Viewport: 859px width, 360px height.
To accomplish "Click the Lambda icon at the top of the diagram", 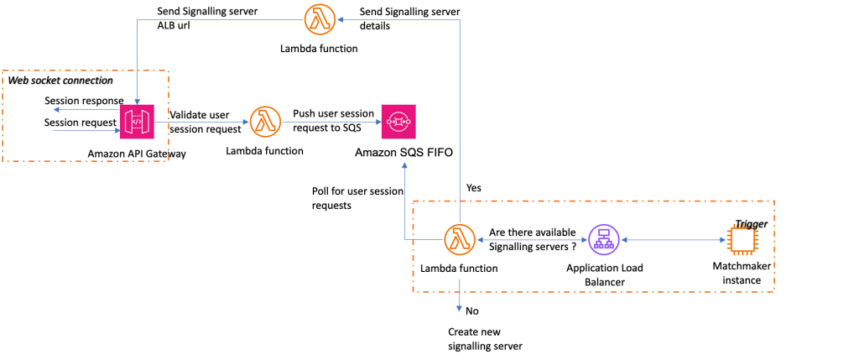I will pos(320,19).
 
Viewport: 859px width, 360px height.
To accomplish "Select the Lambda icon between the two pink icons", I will pos(265,122).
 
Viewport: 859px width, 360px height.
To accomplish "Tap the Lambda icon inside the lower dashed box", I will pos(459,240).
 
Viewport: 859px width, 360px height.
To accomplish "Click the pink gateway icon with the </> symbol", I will pos(137,122).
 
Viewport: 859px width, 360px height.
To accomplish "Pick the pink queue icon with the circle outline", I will pos(398,122).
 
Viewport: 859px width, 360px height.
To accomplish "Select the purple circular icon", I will pos(604,240).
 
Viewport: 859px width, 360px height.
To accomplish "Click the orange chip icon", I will pos(742,240).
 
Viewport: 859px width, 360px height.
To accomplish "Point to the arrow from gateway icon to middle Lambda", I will pos(201,122).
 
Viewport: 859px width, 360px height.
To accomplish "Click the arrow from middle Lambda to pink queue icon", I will pos(331,122).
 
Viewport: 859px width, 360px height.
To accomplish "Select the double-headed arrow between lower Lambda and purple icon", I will pos(532,240).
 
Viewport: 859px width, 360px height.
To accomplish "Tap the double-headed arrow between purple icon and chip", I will pos(673,240).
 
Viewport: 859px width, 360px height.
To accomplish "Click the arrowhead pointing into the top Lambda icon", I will pos(341,19).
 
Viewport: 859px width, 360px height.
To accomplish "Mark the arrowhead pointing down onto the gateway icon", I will pos(137,101).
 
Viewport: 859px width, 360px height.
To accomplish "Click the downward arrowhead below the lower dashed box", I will pos(459,308).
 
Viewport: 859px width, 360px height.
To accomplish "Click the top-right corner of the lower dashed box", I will pos(773,201).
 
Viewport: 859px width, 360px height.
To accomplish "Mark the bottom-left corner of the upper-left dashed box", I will pos(3,161).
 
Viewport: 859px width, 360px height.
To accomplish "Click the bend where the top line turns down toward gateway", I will pos(137,20).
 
